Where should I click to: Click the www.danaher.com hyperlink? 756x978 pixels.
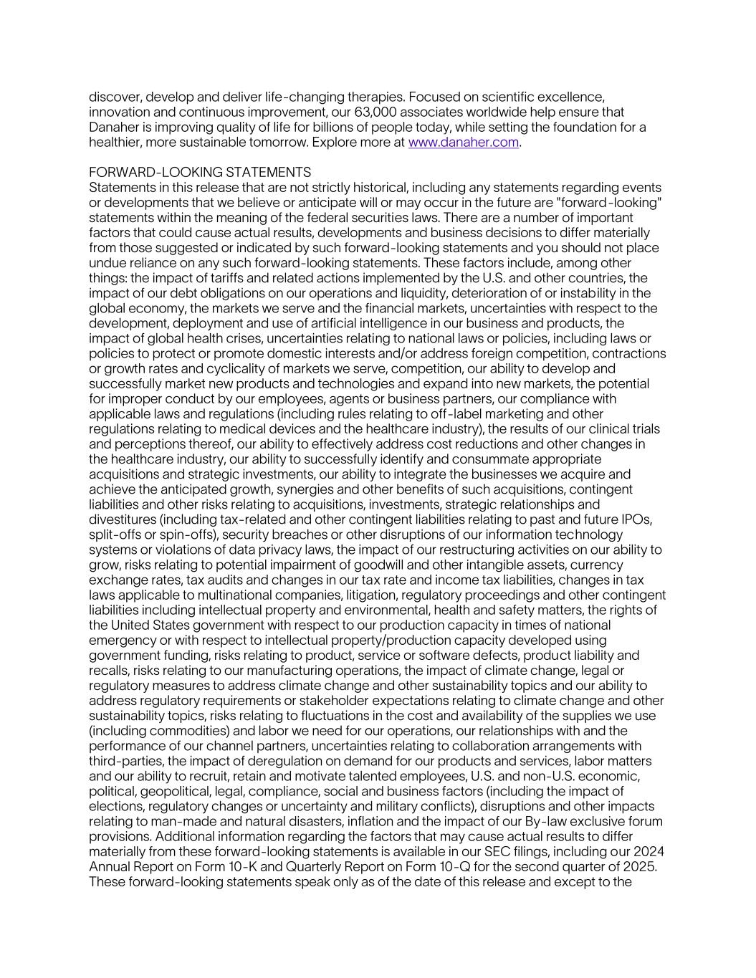pyautogui.click(x=463, y=143)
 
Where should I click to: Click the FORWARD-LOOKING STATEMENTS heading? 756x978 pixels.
pyautogui.click(x=200, y=173)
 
